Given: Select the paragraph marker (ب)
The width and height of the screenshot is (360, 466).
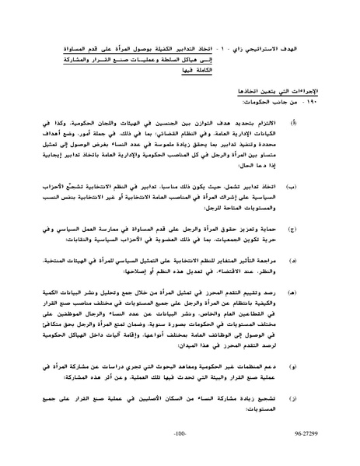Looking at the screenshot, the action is [316, 187].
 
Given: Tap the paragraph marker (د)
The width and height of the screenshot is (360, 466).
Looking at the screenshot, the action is [316, 262].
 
